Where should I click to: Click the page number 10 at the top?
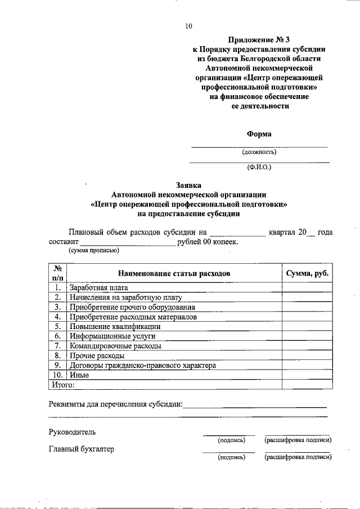188,26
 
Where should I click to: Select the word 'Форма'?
259,134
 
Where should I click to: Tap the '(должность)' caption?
259,152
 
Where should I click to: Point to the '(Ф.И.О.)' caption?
259,167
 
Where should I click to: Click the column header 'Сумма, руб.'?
307,273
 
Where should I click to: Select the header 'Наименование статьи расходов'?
174,273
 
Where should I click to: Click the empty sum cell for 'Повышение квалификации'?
307,326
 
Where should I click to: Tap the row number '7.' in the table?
57,345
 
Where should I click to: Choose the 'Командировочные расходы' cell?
115,345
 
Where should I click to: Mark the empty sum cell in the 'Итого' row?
307,384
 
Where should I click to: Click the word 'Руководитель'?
72,432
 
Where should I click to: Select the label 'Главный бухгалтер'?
82,449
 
